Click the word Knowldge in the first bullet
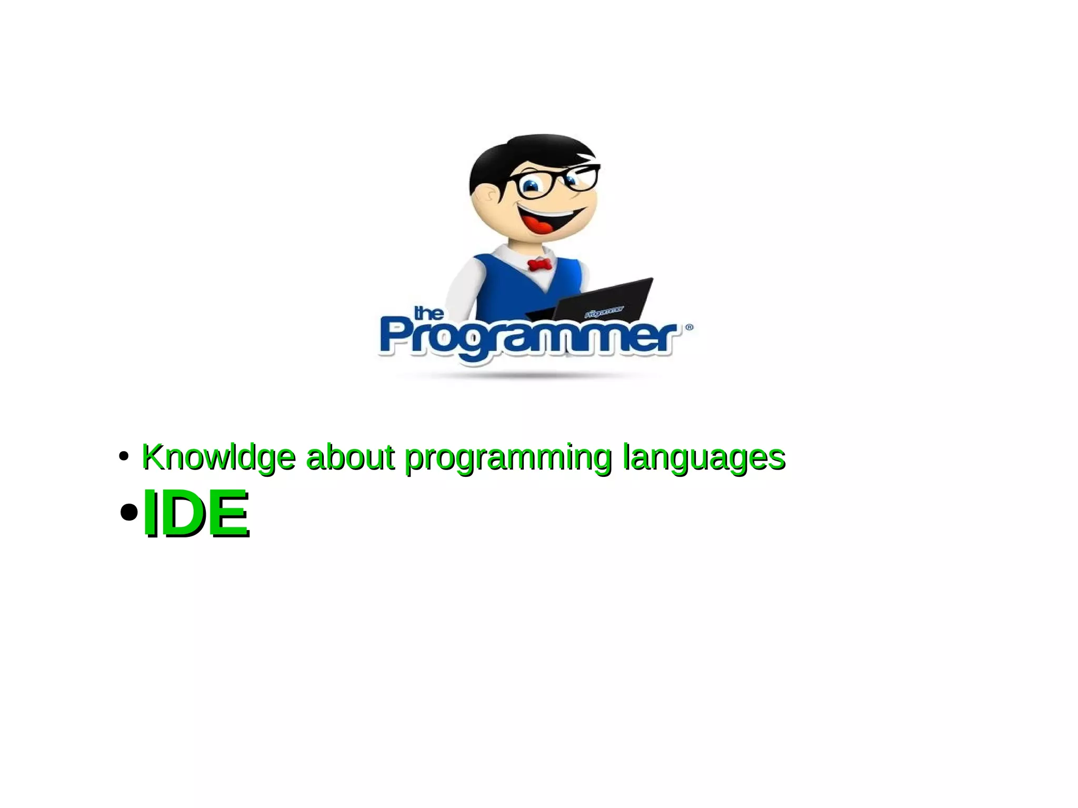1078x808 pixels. pos(218,457)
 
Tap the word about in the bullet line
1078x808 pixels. pos(350,457)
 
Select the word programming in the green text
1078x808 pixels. pos(508,458)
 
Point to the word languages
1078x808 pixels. pos(704,457)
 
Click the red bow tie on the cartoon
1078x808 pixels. pos(540,264)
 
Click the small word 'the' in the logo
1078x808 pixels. pos(429,314)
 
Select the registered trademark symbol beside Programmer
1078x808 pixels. pos(689,327)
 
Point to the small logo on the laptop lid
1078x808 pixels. pos(604,312)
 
